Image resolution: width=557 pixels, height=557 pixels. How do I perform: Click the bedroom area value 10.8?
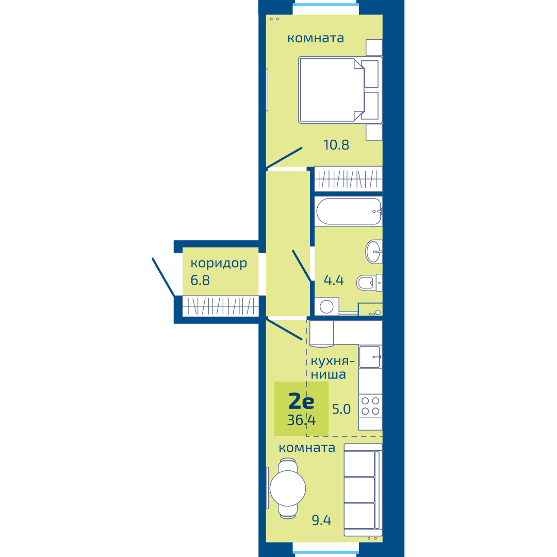coord(336,145)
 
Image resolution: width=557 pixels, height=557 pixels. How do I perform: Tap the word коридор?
coord(219,264)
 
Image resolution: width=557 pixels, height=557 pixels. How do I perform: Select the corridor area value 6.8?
coord(200,280)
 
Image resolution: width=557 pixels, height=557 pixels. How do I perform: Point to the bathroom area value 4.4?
coord(334,280)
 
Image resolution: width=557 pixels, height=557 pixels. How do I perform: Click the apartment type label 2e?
coord(302,401)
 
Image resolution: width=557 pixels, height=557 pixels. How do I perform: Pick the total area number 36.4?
coord(301,420)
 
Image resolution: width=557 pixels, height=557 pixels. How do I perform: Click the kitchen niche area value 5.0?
coord(341,409)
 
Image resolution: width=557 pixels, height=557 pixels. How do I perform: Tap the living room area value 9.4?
coord(321,520)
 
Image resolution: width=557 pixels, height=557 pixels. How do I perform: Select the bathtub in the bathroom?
coord(349,211)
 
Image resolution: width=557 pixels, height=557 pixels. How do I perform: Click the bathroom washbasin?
coord(374,252)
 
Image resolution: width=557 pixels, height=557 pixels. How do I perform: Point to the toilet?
coord(369,283)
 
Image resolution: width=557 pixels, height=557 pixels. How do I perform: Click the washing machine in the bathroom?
coord(326,306)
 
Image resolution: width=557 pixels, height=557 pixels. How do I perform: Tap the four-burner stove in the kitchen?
coord(370,406)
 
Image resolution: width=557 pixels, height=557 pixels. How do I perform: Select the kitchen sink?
coord(370,357)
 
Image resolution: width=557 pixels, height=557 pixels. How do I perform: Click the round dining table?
coord(288,488)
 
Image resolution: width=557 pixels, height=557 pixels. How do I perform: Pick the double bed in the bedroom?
coord(340,90)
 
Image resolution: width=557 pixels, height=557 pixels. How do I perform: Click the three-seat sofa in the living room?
coord(363,490)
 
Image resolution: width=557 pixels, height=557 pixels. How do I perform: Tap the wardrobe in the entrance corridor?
coord(221,306)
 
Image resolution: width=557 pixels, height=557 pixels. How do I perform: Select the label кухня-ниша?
coord(333,368)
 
